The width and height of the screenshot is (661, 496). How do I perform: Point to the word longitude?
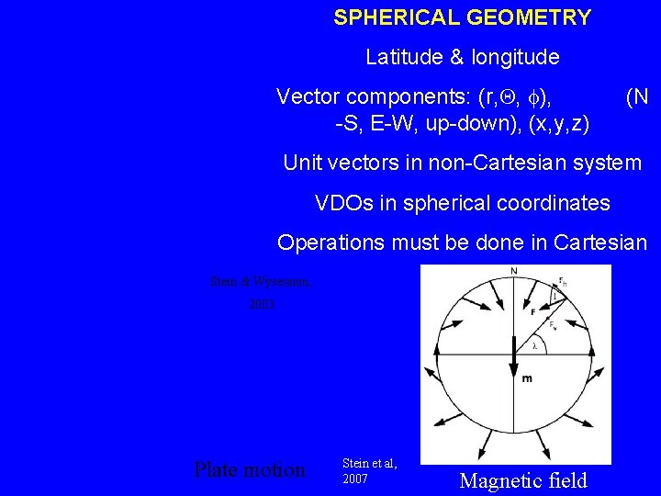(515, 58)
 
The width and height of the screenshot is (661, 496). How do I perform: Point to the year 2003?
(262, 303)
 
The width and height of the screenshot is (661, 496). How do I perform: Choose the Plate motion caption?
(250, 470)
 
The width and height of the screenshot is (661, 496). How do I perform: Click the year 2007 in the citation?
(354, 479)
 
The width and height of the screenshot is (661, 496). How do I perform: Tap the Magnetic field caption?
(523, 480)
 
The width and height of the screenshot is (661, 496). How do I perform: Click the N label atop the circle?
(513, 271)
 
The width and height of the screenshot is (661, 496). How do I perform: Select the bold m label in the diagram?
(527, 378)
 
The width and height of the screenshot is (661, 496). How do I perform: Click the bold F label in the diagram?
(533, 312)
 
